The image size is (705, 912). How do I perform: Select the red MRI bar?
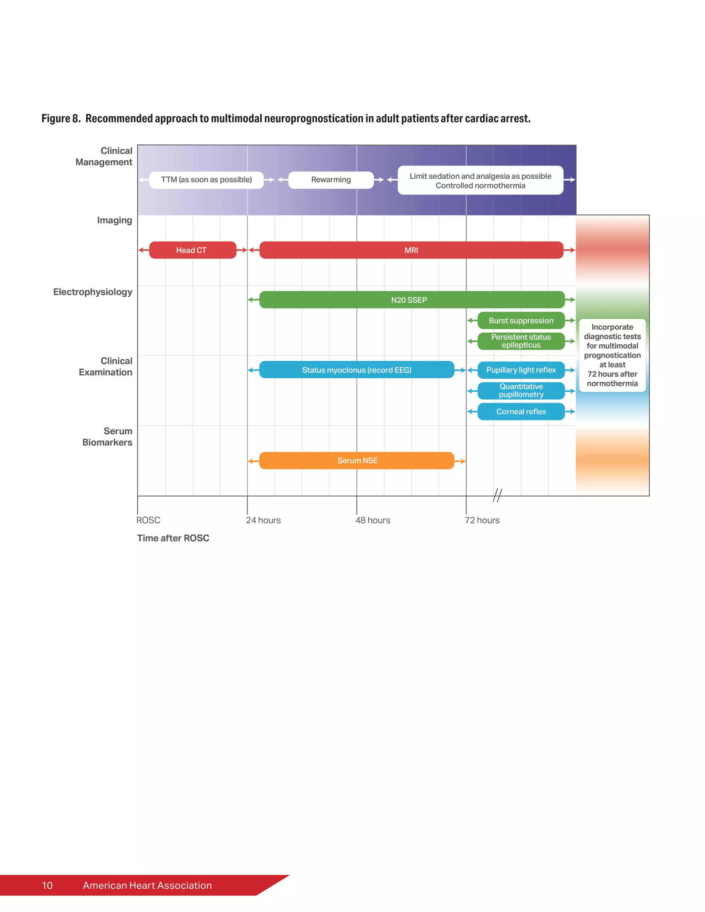pyautogui.click(x=411, y=250)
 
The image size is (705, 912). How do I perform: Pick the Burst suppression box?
pyautogui.click(x=521, y=321)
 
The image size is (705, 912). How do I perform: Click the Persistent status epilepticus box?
pyautogui.click(x=521, y=341)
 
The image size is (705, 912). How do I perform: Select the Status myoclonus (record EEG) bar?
pyautogui.click(x=356, y=370)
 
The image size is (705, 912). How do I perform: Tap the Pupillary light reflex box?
pyautogui.click(x=521, y=370)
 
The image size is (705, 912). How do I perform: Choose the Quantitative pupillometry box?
pyautogui.click(x=521, y=391)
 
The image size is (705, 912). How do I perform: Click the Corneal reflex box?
pyautogui.click(x=521, y=412)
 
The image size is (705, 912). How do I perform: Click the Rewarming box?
pyautogui.click(x=331, y=180)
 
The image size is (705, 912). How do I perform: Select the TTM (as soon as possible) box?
pyautogui.click(x=206, y=180)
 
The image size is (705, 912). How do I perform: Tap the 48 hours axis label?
pyautogui.click(x=372, y=520)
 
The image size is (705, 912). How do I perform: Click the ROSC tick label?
pyautogui.click(x=148, y=520)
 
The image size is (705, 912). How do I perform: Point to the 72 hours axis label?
pyautogui.click(x=482, y=520)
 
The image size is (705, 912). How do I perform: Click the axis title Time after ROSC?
pyautogui.click(x=173, y=538)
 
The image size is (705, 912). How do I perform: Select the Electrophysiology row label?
pyautogui.click(x=93, y=292)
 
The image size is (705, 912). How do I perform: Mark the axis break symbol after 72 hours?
pyautogui.click(x=497, y=495)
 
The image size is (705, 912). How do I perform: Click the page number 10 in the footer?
pyautogui.click(x=47, y=886)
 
